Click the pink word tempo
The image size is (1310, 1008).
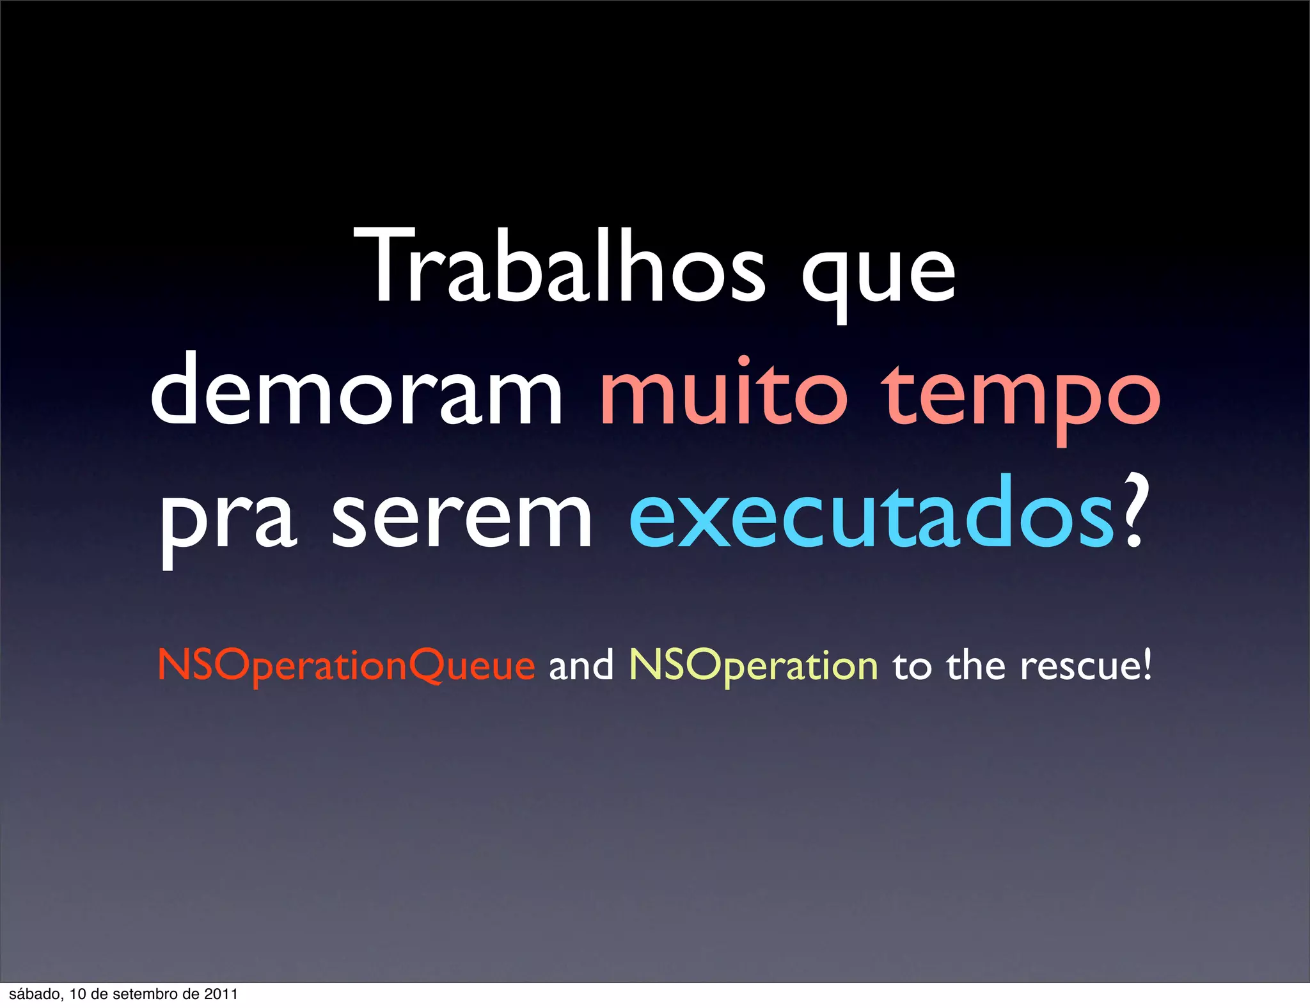click(1021, 400)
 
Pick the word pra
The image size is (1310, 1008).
click(228, 521)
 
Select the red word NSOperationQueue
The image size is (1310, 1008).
click(346, 666)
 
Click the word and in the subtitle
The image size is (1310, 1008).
click(581, 665)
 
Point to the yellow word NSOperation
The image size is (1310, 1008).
click(754, 666)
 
